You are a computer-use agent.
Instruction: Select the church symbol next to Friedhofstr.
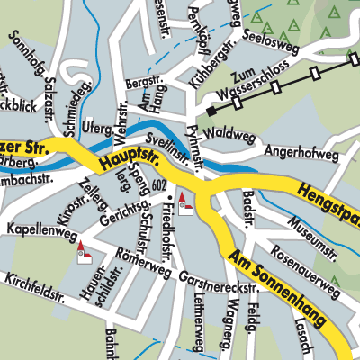[x=185, y=205]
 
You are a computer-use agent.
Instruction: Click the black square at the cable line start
[x=210, y=112]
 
